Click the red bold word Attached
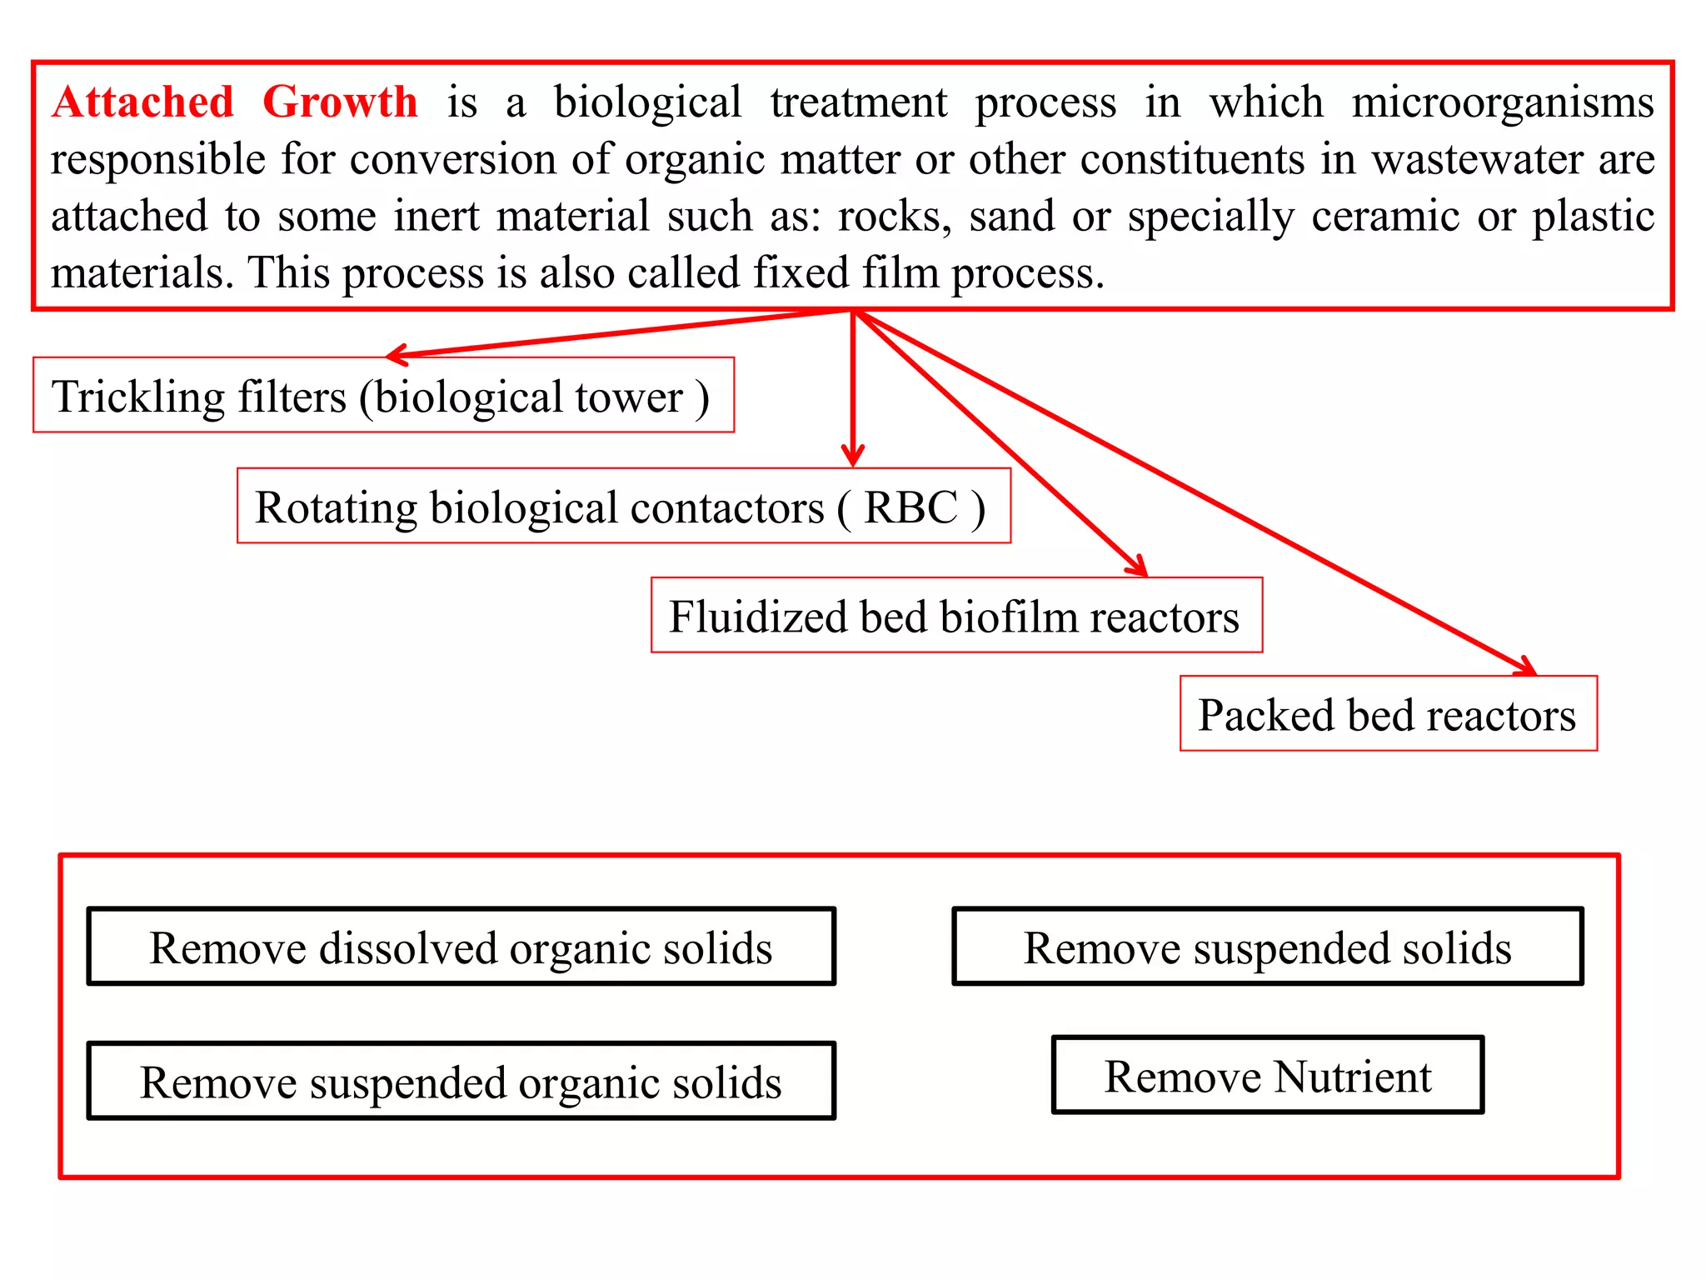click(142, 102)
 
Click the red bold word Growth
click(340, 102)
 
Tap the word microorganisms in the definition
click(1502, 102)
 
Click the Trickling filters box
click(383, 395)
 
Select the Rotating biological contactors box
click(623, 506)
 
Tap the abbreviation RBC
click(910, 507)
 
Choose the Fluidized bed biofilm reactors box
click(956, 615)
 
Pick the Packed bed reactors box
click(1388, 713)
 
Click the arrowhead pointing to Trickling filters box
click(395, 356)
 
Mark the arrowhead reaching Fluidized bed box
click(1139, 568)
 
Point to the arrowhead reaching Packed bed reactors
click(1528, 668)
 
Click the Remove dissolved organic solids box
click(461, 947)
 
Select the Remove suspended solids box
click(1267, 947)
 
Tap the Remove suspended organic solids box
click(461, 1081)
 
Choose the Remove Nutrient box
click(1267, 1075)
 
